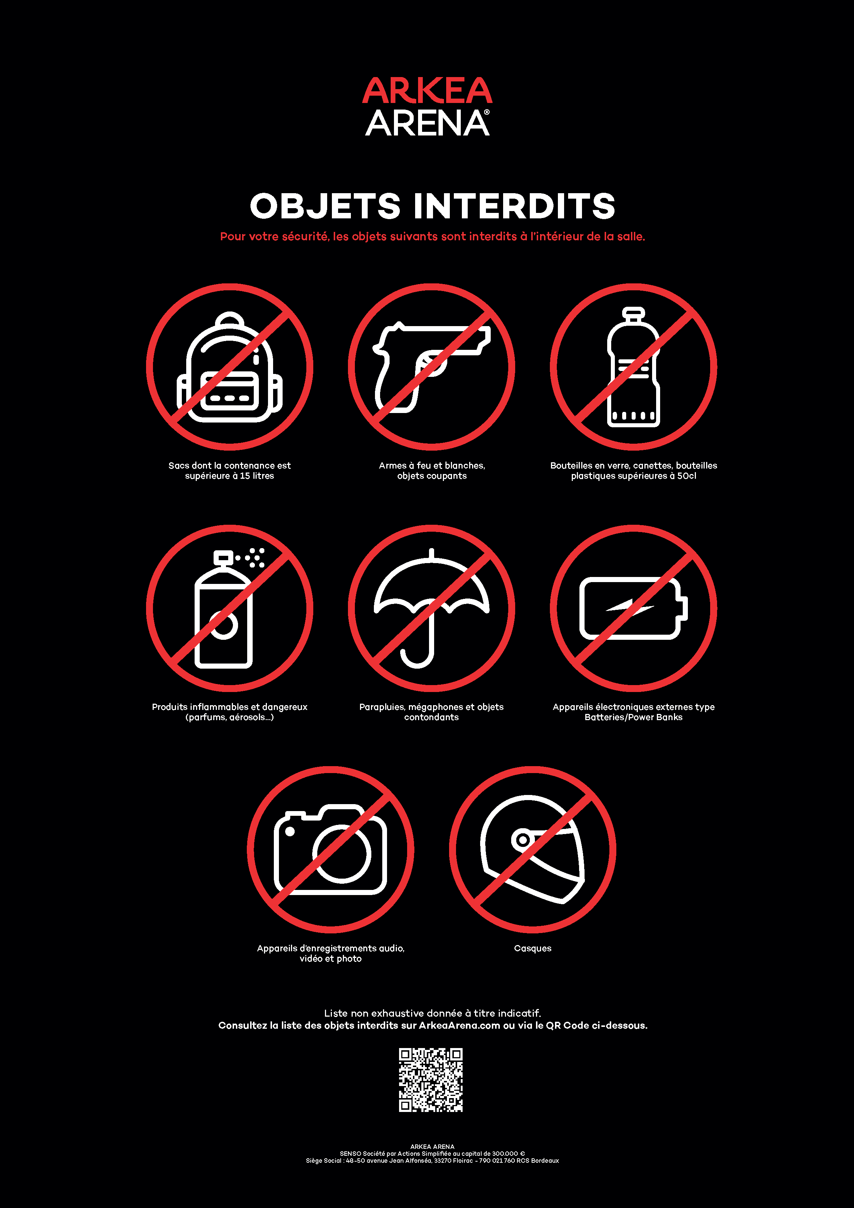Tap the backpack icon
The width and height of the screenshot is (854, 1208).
click(x=229, y=367)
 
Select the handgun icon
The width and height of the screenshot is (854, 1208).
click(x=432, y=367)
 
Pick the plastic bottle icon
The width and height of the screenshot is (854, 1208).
click(x=633, y=367)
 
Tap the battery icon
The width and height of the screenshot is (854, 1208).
click(x=633, y=608)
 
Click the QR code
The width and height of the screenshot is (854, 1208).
click(x=430, y=1079)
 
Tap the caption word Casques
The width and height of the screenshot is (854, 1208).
click(x=532, y=948)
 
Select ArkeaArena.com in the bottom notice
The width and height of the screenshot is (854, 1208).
click(x=459, y=1025)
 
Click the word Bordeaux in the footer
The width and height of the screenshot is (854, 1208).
click(x=545, y=1160)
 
